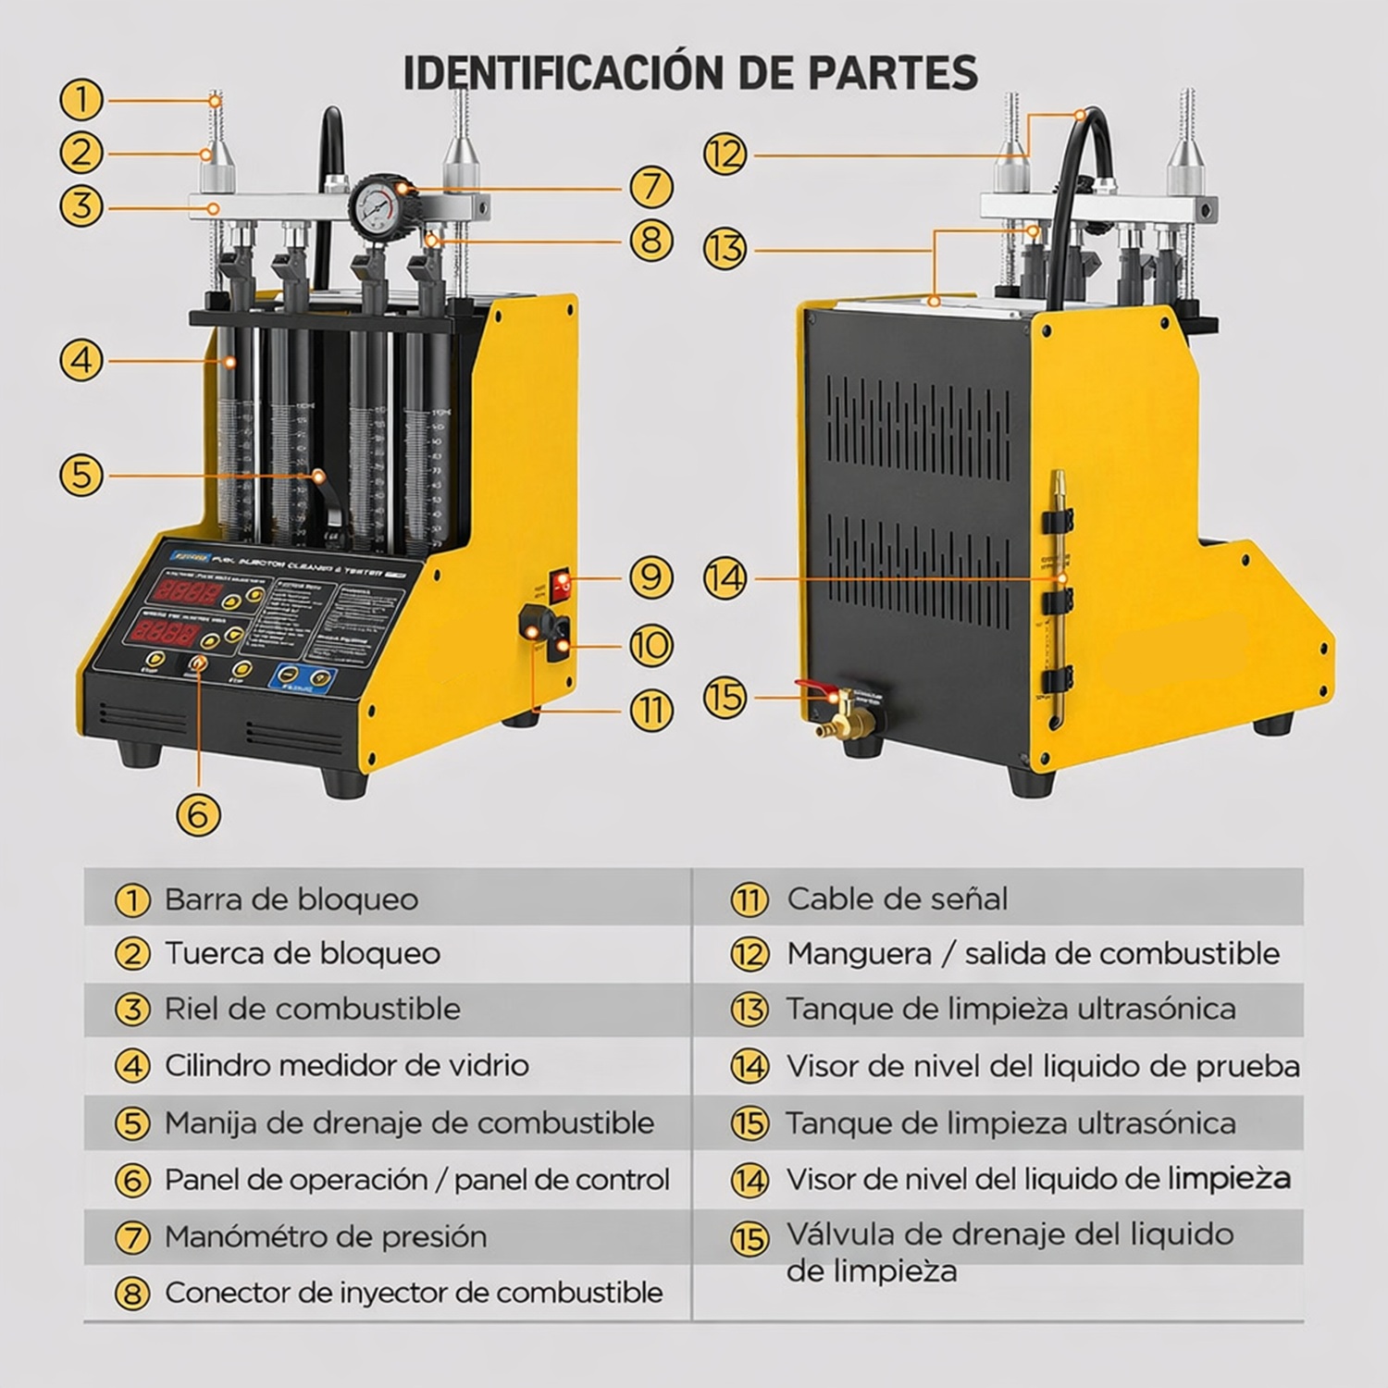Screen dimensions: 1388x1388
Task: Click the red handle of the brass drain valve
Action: coord(814,688)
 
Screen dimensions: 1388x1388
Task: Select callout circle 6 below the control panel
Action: coord(198,814)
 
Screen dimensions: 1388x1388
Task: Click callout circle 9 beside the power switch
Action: coord(651,576)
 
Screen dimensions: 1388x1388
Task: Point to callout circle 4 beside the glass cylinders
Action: coord(81,359)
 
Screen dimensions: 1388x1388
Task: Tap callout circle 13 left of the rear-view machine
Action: coord(725,249)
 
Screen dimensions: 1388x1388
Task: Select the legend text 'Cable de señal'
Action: coord(897,898)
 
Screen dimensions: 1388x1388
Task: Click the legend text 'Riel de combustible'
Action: coord(312,1009)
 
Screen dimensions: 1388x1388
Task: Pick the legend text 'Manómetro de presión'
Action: coord(325,1236)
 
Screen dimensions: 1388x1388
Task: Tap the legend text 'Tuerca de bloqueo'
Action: coord(302,953)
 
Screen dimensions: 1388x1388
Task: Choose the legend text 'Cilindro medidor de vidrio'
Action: coord(346,1065)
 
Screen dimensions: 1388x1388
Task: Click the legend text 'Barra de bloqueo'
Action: coord(291,898)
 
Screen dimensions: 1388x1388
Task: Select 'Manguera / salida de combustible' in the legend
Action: coord(1033,953)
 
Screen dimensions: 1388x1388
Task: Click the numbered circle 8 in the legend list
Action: coord(132,1294)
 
